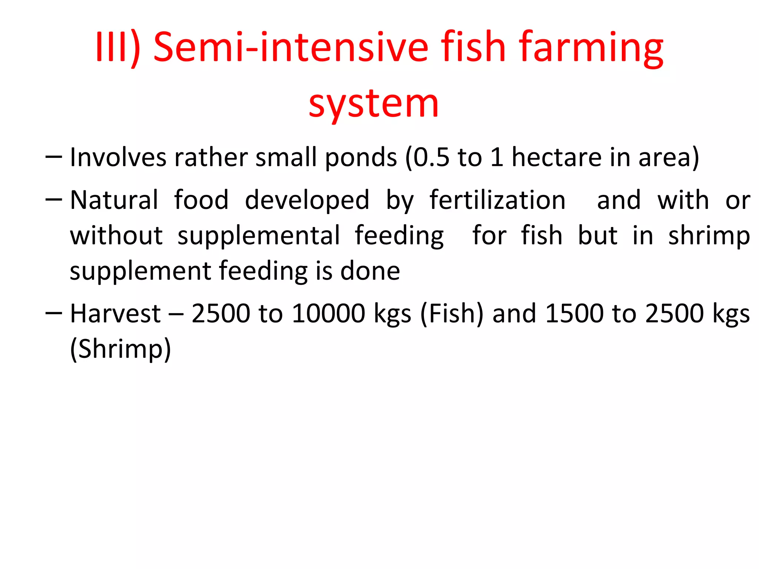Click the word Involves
pos(118,157)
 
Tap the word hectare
pos(556,157)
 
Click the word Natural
pos(114,200)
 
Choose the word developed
pos(307,200)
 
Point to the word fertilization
pos(497,200)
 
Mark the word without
pos(116,236)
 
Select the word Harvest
pos(115,314)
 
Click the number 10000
pos(328,314)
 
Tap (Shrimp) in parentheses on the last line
pos(120,349)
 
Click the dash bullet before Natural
pos(53,200)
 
